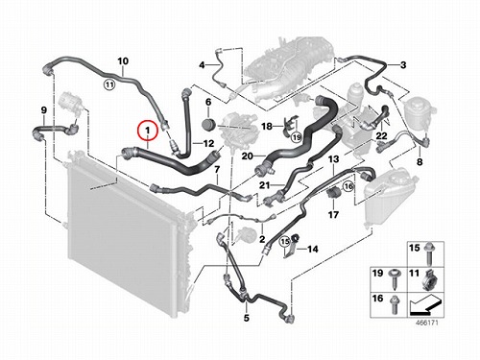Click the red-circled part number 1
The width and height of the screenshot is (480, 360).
(148, 131)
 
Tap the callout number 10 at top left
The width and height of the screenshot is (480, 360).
(123, 61)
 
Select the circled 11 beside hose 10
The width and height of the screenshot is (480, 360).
(109, 84)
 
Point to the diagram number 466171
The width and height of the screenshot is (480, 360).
(426, 323)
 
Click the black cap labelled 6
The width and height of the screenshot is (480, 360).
(209, 125)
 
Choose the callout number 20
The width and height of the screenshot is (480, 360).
(248, 156)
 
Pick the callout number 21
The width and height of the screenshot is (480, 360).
(264, 185)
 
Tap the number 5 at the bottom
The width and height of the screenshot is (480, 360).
(246, 318)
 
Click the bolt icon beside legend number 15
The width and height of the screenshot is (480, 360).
(429, 254)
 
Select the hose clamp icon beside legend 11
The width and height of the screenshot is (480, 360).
(429, 280)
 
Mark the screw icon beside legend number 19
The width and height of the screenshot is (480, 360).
(393, 278)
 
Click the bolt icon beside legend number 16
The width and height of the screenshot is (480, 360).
(393, 304)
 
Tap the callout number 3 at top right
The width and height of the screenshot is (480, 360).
(403, 65)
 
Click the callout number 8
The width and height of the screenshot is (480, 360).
(420, 162)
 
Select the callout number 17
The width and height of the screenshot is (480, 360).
(333, 214)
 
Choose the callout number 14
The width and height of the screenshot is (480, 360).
(312, 249)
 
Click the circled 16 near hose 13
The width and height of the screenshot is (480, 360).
(348, 186)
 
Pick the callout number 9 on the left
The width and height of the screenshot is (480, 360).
(44, 110)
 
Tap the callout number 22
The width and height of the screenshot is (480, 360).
(381, 136)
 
